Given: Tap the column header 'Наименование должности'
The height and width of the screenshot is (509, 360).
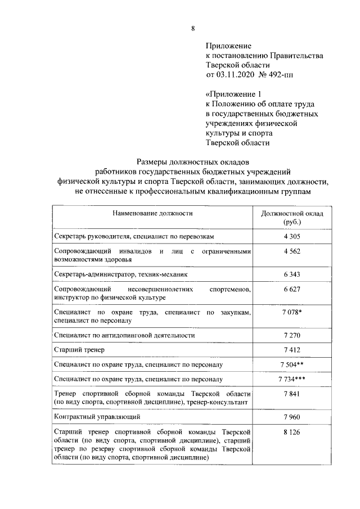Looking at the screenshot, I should (152, 214).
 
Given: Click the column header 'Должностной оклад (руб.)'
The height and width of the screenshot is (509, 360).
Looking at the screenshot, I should (292, 218).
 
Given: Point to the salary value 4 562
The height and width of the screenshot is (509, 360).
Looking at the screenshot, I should (292, 251).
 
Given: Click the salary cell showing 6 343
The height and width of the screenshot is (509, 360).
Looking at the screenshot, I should (292, 274).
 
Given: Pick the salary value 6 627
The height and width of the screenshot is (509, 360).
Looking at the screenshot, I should (292, 289).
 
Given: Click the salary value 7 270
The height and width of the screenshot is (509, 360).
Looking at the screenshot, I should (292, 335).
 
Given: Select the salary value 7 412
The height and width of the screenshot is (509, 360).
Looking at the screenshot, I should (292, 350).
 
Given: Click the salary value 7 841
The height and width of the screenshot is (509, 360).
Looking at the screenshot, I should (292, 394).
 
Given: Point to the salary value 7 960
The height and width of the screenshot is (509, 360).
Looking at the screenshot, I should (292, 417).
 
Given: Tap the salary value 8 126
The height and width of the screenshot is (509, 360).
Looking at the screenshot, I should (292, 432).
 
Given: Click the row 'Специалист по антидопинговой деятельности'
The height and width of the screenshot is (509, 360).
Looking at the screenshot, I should (124, 335).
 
